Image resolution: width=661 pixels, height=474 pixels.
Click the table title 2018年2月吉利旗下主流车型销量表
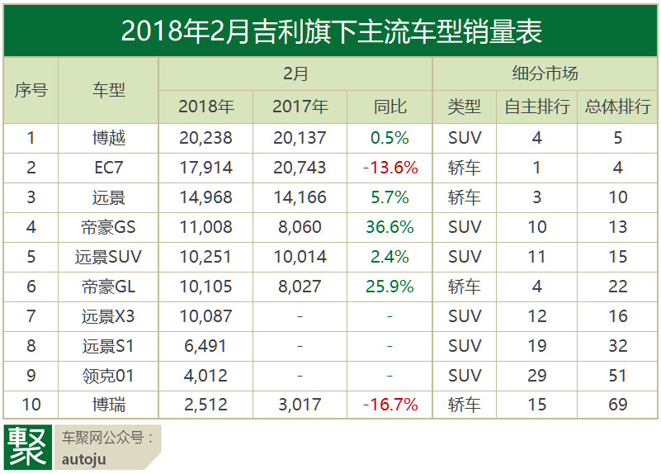tap(330, 31)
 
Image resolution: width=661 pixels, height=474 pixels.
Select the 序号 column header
tap(31, 91)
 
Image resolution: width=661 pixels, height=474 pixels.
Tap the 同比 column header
tap(390, 107)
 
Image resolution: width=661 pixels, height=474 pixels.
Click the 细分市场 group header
tap(545, 73)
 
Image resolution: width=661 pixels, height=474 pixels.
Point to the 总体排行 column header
tap(617, 107)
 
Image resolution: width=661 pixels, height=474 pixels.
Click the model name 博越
tap(108, 138)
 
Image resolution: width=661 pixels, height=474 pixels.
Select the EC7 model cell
tap(108, 168)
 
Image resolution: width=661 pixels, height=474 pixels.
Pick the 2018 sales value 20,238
tap(205, 138)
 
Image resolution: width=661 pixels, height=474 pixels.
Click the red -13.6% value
tap(390, 168)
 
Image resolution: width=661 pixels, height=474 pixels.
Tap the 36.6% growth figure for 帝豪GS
tap(390, 227)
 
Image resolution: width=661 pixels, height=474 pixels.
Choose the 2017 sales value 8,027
tap(300, 287)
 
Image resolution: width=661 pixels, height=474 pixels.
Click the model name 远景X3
tap(108, 316)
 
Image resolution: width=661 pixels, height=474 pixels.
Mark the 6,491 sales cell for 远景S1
tap(205, 346)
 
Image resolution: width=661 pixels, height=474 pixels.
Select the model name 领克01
tap(108, 376)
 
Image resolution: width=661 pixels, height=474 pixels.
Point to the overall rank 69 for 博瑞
tap(617, 405)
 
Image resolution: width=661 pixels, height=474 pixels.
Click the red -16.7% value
tap(390, 405)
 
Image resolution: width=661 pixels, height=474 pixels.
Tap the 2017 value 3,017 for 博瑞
tap(300, 405)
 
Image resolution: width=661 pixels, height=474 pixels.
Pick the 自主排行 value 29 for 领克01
tap(537, 376)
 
